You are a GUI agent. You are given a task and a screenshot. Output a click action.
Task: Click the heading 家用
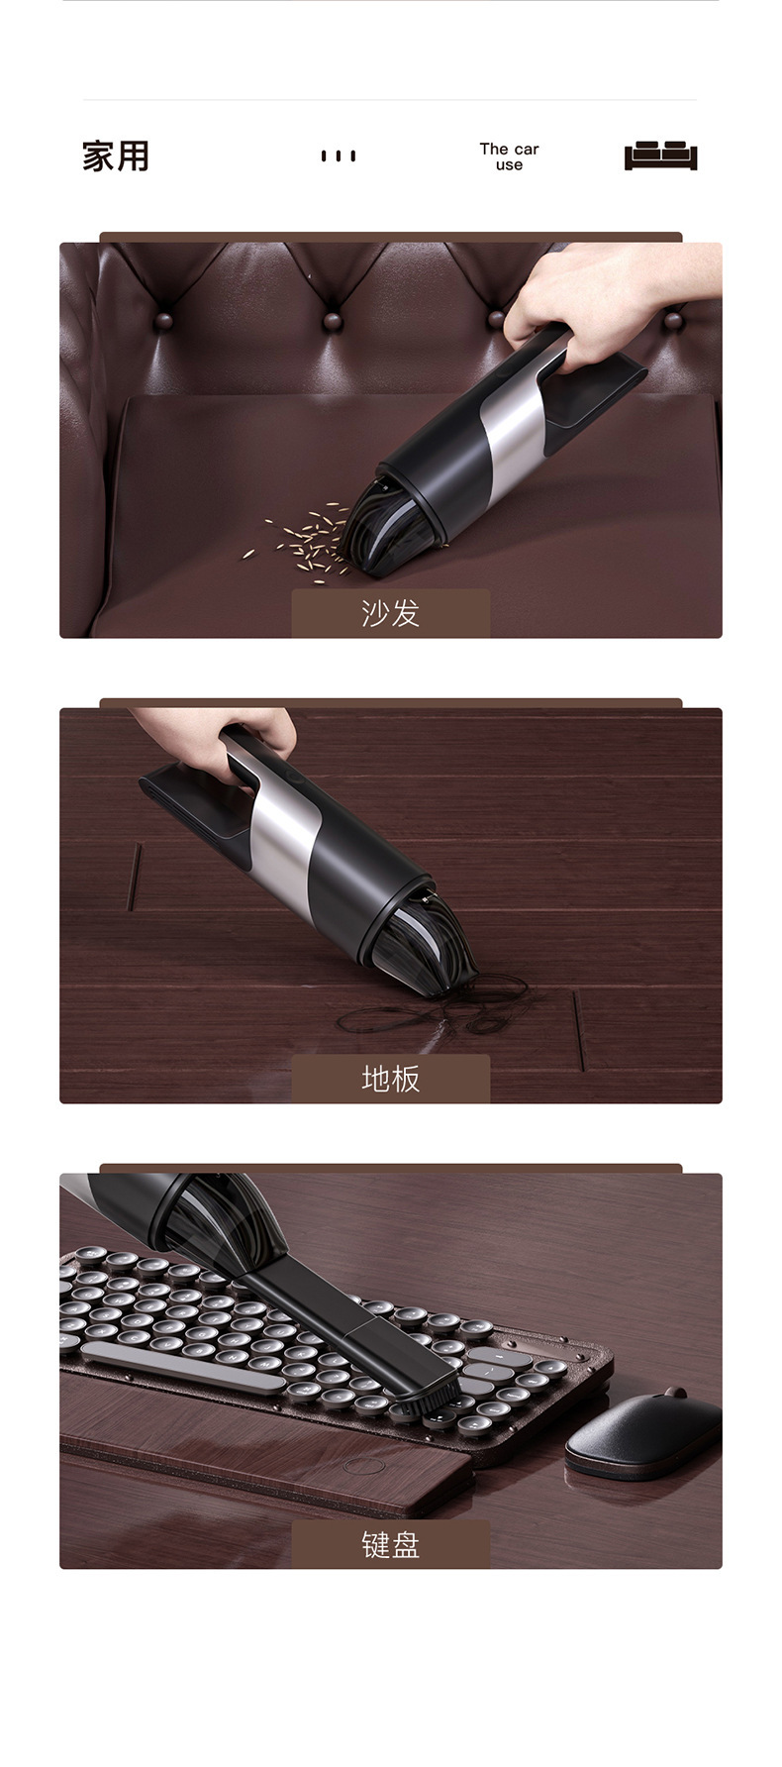(116, 156)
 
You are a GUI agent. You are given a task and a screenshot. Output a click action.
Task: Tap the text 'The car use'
(509, 156)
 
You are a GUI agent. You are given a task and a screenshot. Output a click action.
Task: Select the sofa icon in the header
(660, 156)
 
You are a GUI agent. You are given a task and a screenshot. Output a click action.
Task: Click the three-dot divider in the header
(338, 156)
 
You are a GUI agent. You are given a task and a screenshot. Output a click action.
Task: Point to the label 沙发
(390, 613)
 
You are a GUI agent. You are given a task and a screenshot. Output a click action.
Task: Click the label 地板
(390, 1079)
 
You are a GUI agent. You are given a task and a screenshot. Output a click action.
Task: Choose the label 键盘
(390, 1544)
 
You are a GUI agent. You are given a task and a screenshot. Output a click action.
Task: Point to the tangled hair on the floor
(436, 1010)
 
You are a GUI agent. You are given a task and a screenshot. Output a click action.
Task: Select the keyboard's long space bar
(182, 1367)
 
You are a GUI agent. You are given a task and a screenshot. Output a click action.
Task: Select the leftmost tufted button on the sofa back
(165, 321)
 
